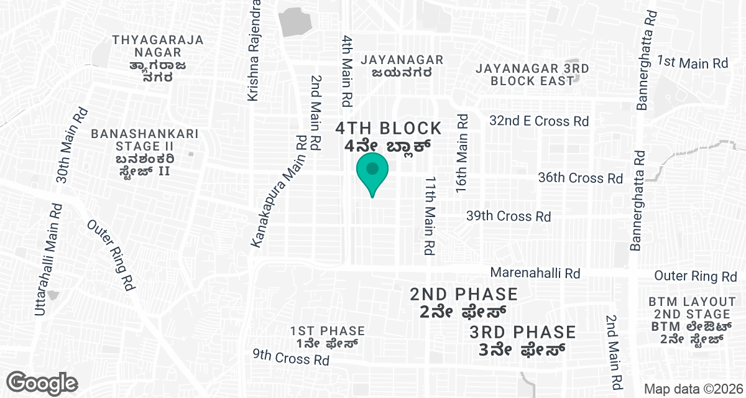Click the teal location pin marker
click(372, 172)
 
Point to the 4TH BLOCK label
click(389, 137)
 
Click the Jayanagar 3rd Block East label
click(532, 75)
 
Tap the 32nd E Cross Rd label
click(539, 121)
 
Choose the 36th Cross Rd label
click(580, 178)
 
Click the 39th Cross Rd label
click(509, 216)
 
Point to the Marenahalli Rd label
click(535, 273)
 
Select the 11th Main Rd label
click(430, 216)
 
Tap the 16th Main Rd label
click(461, 153)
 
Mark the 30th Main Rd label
click(71, 144)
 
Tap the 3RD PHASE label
click(522, 341)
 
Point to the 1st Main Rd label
click(693, 63)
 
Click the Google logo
click(42, 382)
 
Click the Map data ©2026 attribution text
click(693, 389)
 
